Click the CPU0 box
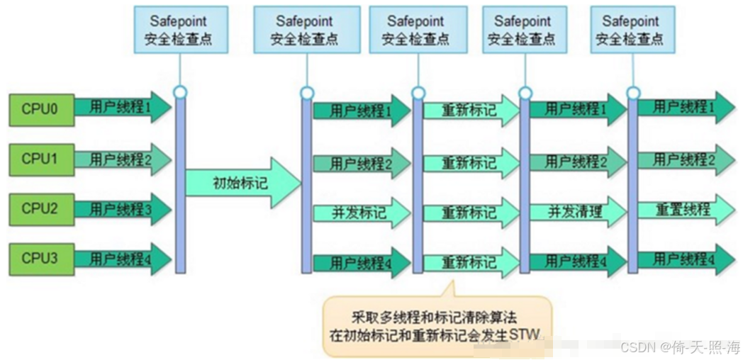tap(40, 110)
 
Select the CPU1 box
tap(40, 159)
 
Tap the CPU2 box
tap(40, 209)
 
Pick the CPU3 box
tap(40, 259)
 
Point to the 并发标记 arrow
tap(360, 213)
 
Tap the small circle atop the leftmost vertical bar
tap(180, 92)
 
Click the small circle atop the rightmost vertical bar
tap(633, 92)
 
